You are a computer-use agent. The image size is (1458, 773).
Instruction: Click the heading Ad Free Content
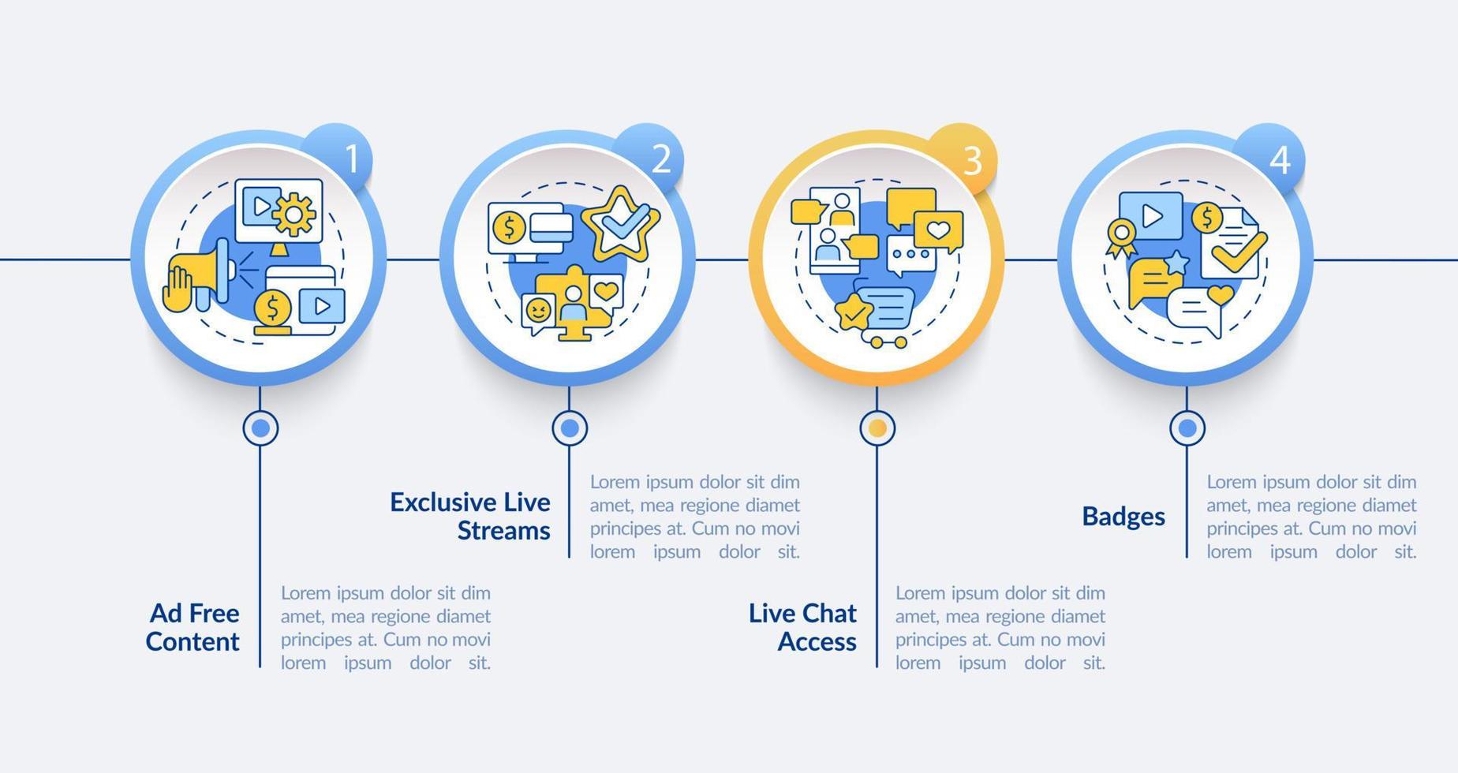(193, 627)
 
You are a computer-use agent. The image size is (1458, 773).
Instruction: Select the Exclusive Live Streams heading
(471, 516)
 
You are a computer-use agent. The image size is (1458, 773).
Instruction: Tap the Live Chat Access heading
(803, 627)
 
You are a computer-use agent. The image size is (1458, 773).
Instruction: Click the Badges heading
(1123, 517)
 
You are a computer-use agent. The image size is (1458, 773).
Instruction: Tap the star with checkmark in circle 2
(621, 224)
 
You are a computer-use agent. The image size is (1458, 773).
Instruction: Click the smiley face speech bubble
(538, 312)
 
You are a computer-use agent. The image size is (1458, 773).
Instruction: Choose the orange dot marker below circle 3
(877, 428)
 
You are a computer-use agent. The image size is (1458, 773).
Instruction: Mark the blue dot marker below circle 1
(260, 428)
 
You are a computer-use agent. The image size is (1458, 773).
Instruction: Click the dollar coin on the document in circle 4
(1207, 218)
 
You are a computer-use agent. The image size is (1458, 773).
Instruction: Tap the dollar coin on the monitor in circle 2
(509, 229)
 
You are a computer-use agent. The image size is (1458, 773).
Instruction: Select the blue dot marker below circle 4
(1187, 428)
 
